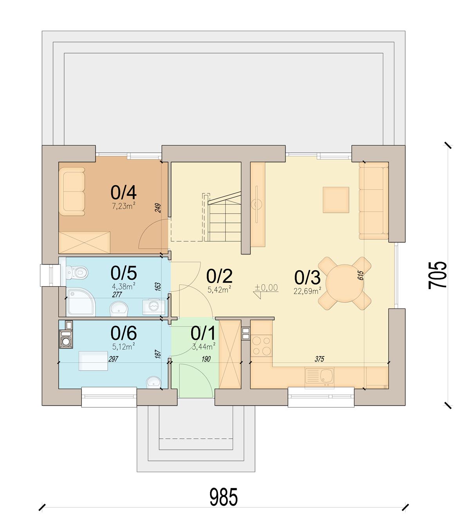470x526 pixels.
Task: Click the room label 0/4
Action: (x=123, y=192)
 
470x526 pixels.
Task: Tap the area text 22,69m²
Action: (x=307, y=291)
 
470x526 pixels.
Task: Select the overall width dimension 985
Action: (x=224, y=497)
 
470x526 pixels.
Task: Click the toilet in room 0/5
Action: (x=77, y=272)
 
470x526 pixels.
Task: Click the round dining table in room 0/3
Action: (x=344, y=283)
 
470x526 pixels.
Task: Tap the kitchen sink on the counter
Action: (x=319, y=376)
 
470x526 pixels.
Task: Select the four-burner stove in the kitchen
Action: (x=262, y=345)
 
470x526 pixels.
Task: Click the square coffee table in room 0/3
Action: (x=336, y=200)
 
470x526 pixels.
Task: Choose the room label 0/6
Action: (x=124, y=333)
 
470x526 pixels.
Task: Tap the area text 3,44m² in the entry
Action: (x=204, y=346)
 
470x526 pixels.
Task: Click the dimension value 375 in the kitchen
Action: (x=319, y=359)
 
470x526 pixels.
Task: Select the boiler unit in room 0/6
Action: (x=66, y=339)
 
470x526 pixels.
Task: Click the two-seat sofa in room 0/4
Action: (x=72, y=192)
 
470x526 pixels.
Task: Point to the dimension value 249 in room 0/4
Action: (x=158, y=208)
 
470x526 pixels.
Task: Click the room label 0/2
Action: (x=219, y=276)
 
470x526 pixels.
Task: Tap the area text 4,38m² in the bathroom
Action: (x=124, y=286)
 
